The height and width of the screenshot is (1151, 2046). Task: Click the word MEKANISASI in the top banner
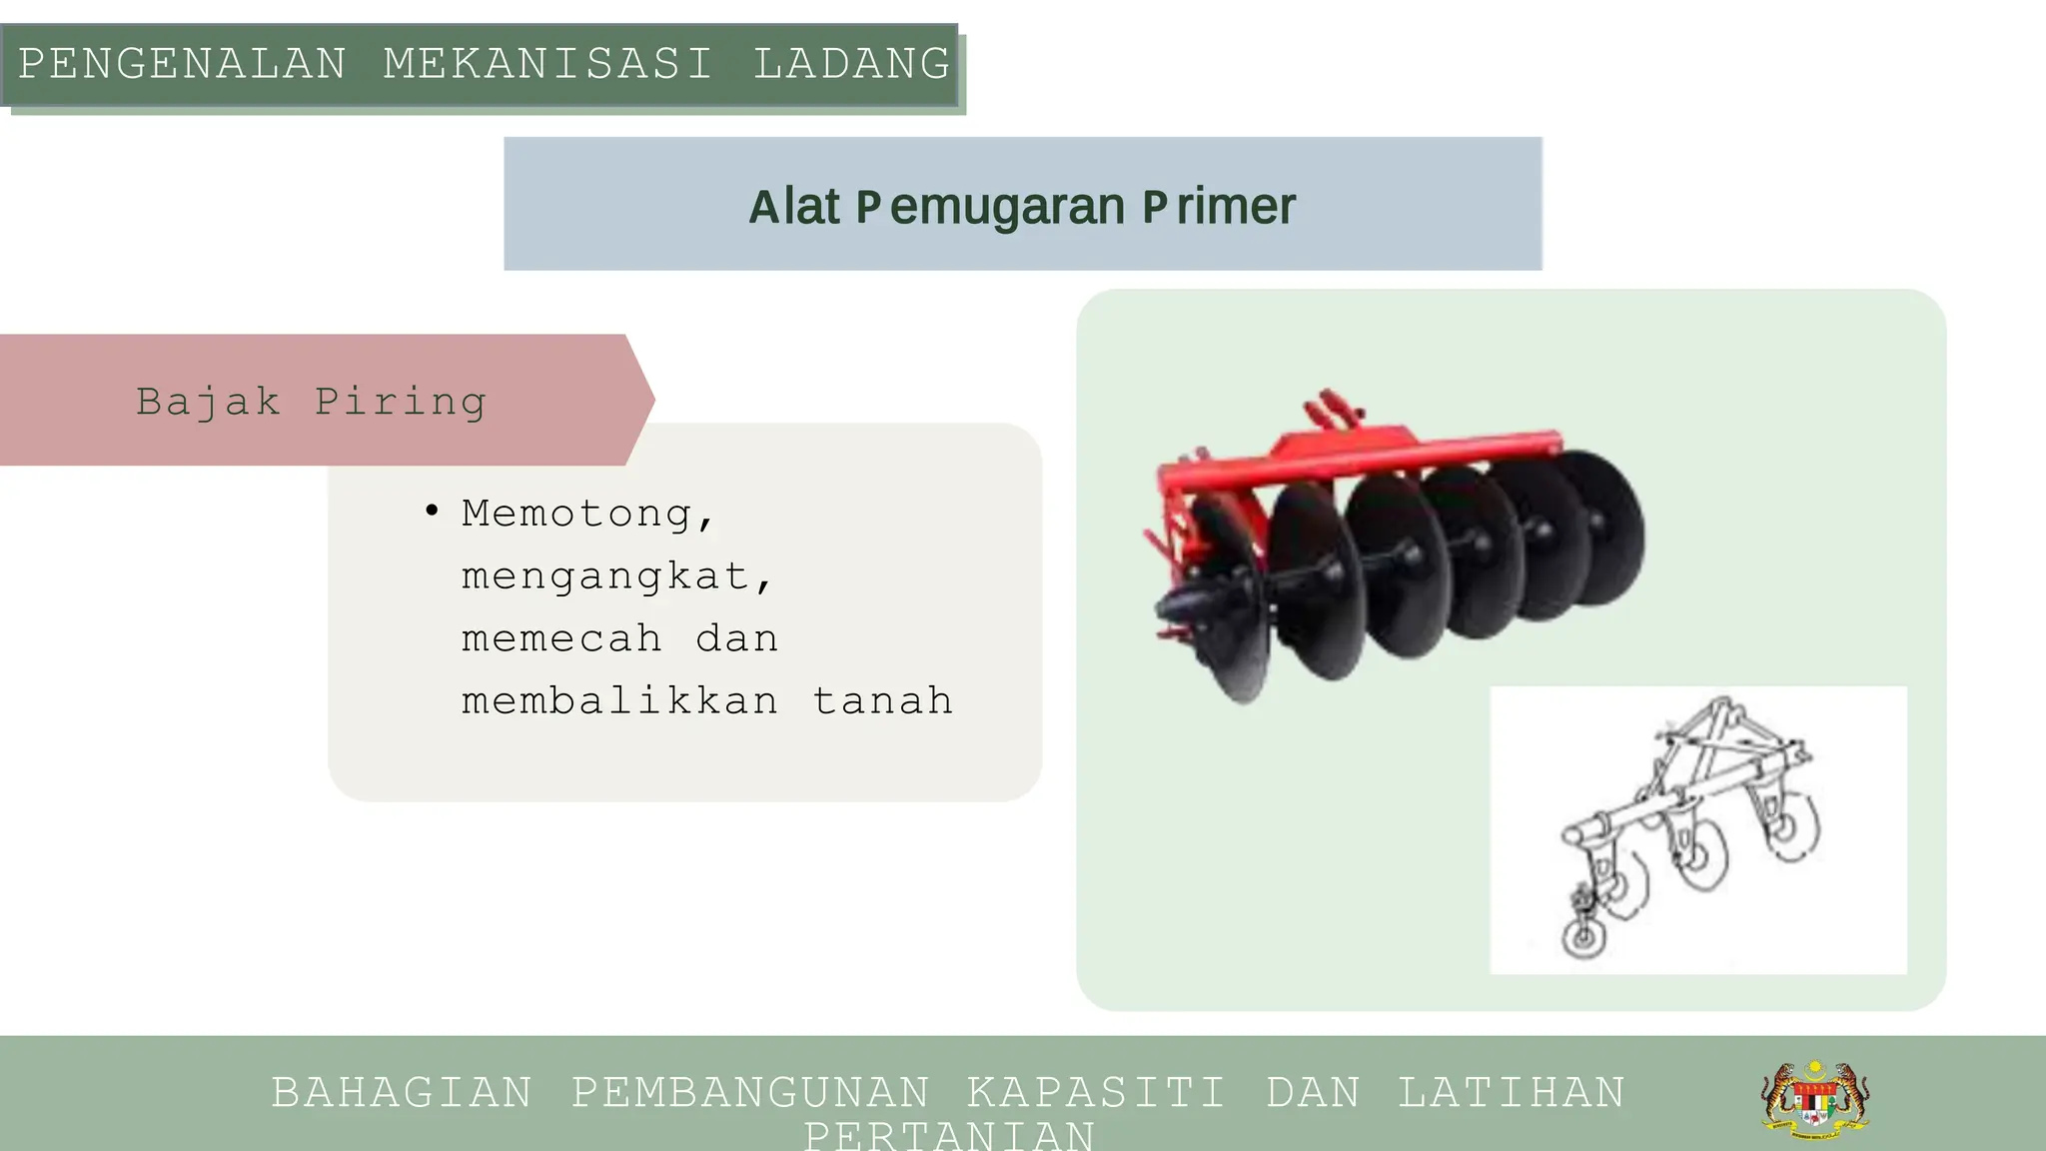[x=547, y=65]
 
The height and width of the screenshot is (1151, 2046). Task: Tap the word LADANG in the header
[x=851, y=65]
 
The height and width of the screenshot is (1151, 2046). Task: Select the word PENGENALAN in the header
[x=183, y=65]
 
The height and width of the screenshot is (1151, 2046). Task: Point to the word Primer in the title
[x=1219, y=207]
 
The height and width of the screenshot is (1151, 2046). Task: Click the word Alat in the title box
[x=794, y=207]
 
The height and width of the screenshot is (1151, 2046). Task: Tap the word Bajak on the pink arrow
[x=208, y=402]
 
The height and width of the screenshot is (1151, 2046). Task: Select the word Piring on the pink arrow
[x=401, y=402]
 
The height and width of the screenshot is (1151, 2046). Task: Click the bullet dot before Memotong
[x=432, y=512]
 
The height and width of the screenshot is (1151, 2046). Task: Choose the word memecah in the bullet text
[x=561, y=639]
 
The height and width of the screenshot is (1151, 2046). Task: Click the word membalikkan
[x=619, y=701]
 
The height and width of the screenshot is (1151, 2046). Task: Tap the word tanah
[x=882, y=701]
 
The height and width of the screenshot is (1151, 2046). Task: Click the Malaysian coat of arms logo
[x=1815, y=1100]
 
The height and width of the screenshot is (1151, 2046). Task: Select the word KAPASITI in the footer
[x=1096, y=1093]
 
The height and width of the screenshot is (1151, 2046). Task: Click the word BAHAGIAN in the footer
[x=402, y=1093]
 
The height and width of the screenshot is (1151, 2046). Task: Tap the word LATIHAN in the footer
[x=1512, y=1093]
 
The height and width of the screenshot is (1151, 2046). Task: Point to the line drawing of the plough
[x=1698, y=829]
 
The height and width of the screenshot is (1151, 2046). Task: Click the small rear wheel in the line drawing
[x=1583, y=939]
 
